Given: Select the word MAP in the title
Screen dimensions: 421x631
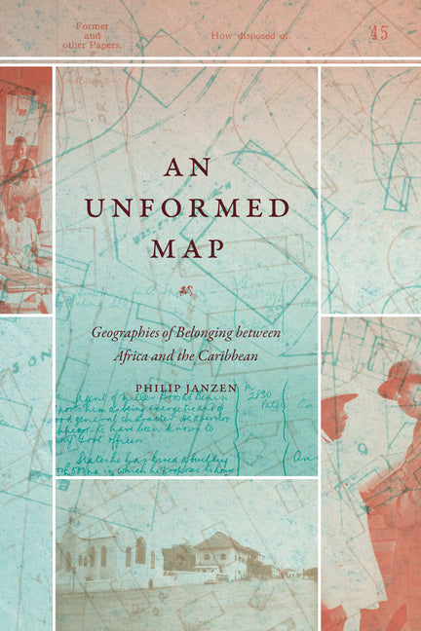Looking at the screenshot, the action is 187,247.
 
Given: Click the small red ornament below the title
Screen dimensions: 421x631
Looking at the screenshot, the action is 187,287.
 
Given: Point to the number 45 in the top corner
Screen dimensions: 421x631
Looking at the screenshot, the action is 378,33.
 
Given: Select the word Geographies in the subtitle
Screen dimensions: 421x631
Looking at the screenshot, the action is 129,333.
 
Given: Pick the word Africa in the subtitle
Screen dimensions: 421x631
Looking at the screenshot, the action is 110,355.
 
